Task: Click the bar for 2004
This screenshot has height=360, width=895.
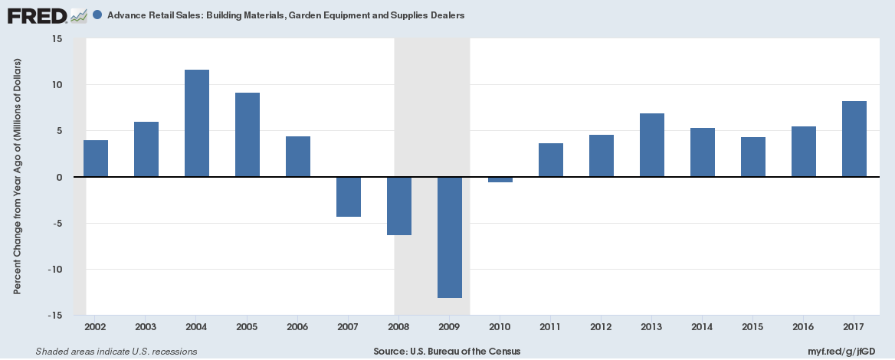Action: [197, 123]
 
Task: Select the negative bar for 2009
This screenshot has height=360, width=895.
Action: [450, 237]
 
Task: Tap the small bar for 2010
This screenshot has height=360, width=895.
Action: [500, 179]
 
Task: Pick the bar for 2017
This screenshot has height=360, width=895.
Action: [854, 139]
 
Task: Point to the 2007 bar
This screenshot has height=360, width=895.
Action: [349, 197]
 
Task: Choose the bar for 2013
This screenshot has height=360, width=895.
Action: [652, 146]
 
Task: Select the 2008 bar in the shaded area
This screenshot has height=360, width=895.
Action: [399, 206]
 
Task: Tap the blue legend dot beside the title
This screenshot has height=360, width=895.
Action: [97, 15]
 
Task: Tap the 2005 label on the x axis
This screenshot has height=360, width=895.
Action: [248, 327]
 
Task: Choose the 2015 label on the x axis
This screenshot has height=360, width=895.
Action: [753, 327]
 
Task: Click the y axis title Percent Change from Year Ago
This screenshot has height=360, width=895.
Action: [18, 176]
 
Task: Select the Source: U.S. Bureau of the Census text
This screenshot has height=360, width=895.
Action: [447, 352]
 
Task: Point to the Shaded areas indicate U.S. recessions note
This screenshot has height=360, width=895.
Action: [116, 352]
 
